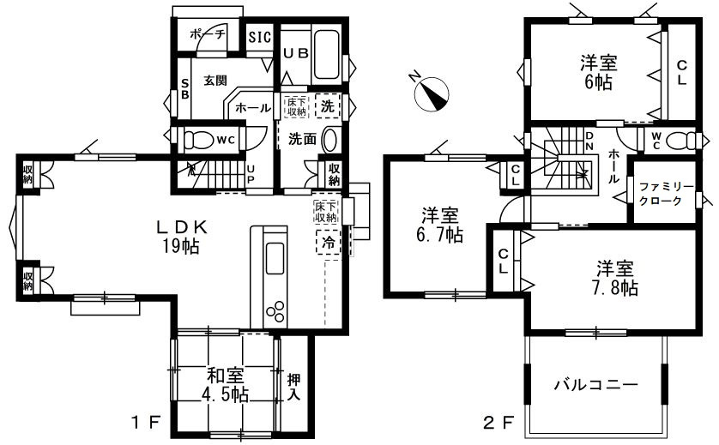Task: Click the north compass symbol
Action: pos(431,93)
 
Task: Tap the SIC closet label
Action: pos(260,37)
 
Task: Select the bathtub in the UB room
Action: pos(327,55)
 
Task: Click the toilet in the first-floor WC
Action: pos(198,140)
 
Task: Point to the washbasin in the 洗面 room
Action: pos(329,139)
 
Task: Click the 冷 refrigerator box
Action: pos(329,242)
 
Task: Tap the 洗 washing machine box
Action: pos(328,105)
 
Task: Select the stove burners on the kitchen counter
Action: pos(275,312)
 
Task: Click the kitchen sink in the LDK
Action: pos(275,258)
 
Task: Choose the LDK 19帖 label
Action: pos(182,237)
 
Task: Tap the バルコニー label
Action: pos(595,384)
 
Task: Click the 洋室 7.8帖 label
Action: pos(617,278)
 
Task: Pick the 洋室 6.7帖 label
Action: pos(440,225)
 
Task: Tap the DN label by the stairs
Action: pos(589,141)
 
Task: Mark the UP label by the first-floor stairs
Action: pos(251,175)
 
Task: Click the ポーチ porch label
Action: pos(208,34)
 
